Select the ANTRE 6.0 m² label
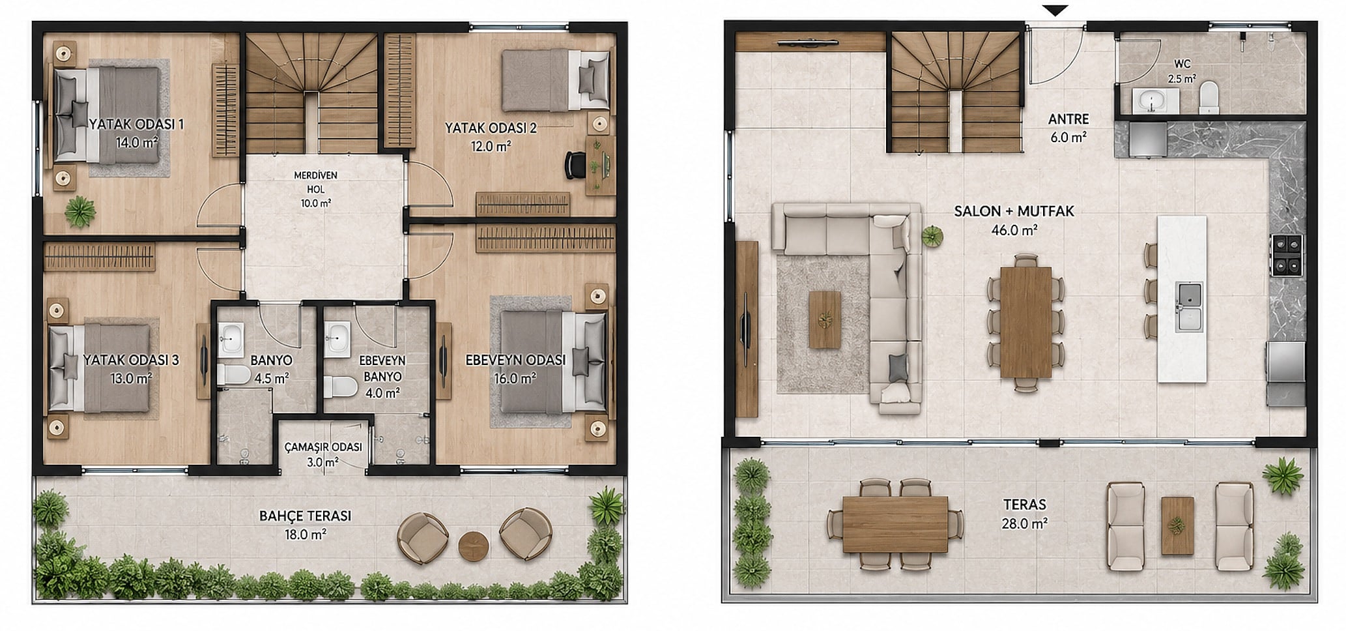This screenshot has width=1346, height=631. coord(1068,128)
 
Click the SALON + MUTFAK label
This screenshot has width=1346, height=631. coord(1014,211)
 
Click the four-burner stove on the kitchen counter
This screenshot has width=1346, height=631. coord(1286,256)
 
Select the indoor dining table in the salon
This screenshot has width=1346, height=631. coord(1025,322)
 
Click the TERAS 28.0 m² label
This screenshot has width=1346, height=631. coord(1025,513)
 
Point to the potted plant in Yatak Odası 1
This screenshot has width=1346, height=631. coord(80,211)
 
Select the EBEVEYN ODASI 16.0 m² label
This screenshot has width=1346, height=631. coord(515,369)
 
